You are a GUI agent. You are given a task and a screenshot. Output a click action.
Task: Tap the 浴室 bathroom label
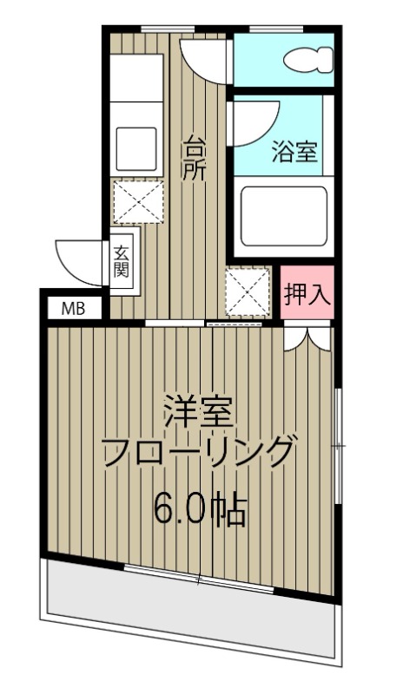tap(293, 152)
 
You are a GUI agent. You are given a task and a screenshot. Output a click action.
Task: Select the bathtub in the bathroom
tap(284, 215)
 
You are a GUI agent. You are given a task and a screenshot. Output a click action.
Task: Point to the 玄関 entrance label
tap(121, 259)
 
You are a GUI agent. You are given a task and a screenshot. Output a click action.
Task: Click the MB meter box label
tap(73, 308)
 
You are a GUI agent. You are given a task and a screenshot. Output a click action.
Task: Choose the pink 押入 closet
tap(307, 294)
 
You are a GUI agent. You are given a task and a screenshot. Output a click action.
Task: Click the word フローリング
tap(199, 454)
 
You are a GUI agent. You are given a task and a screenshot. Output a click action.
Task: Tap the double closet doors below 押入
tap(307, 337)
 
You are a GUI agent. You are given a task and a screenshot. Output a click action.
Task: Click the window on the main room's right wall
tap(338, 445)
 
